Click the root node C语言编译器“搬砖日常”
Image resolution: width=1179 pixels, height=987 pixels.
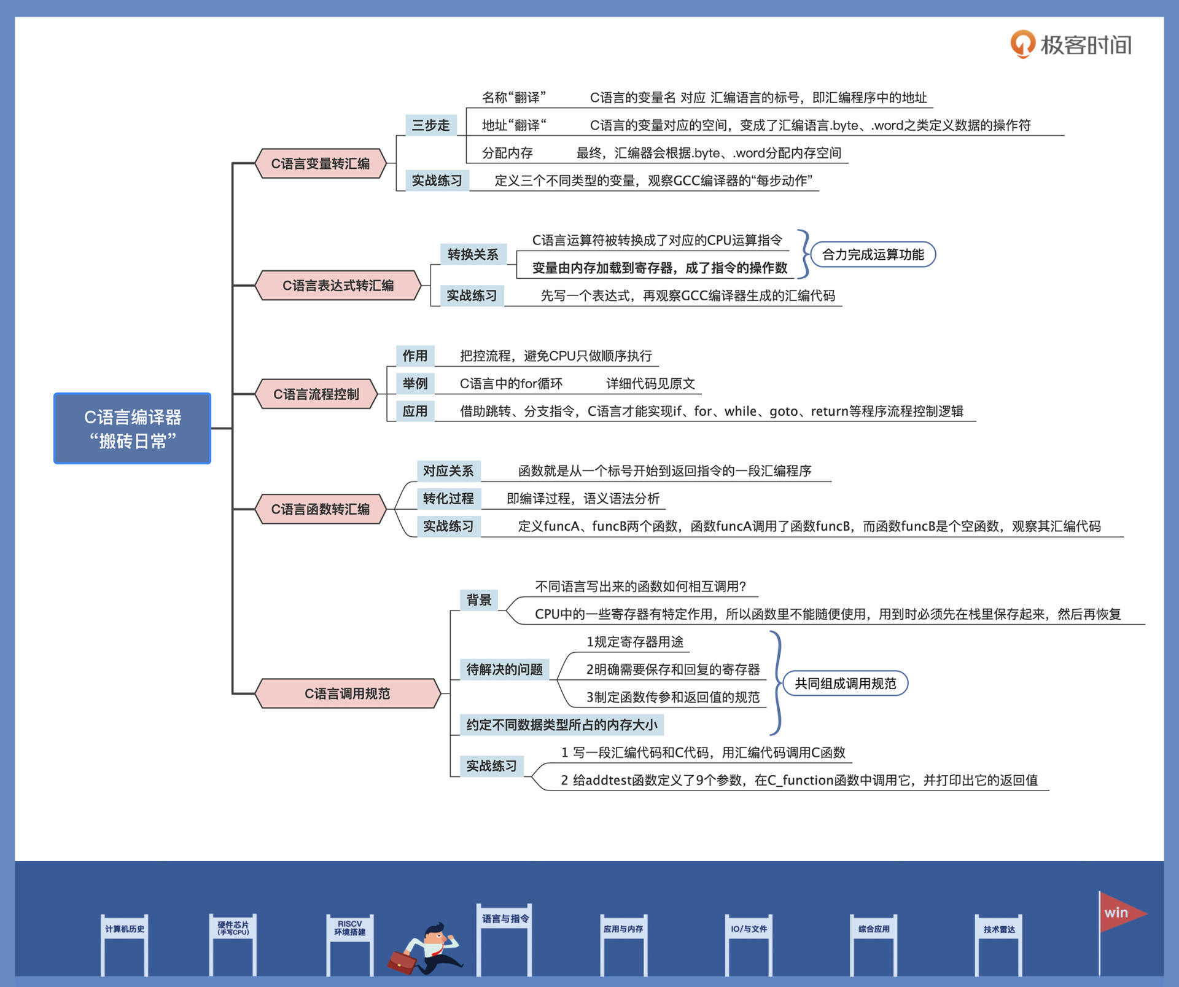point(132,428)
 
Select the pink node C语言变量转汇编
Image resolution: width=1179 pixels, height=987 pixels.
point(320,163)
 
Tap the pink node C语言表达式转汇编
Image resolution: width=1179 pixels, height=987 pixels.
point(338,285)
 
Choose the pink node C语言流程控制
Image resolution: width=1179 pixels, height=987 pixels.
point(316,394)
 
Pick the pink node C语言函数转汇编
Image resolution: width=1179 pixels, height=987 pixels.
point(320,509)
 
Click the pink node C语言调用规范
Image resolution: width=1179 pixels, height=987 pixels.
point(347,693)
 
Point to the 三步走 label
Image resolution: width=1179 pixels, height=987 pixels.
point(430,125)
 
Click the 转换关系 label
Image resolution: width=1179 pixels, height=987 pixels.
point(472,254)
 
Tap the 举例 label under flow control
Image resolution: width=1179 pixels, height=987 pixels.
point(414,383)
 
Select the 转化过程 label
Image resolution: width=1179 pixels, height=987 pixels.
point(448,498)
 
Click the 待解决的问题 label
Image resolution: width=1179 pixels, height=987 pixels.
point(504,669)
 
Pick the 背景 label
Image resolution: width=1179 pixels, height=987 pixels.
point(479,599)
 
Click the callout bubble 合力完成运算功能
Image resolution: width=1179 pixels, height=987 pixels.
point(873,254)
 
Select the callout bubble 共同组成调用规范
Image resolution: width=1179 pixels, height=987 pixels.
point(845,683)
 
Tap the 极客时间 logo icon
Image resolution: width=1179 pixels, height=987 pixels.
point(1022,44)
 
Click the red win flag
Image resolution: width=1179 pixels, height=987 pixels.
point(1119,913)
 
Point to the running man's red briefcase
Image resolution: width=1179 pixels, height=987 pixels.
point(402,961)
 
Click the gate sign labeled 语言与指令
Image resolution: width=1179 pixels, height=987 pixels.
point(505,919)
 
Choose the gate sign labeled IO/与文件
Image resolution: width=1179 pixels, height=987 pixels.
point(749,929)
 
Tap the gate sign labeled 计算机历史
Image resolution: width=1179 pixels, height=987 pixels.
point(125,929)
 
